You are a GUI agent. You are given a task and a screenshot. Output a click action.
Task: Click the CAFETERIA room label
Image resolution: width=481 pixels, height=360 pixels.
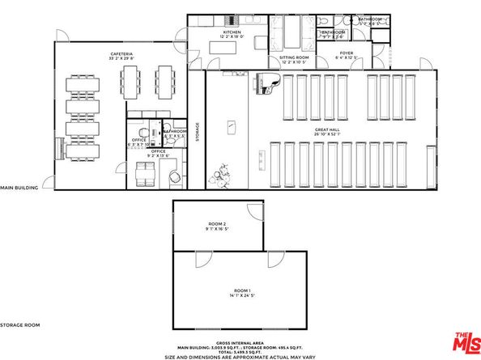pyautogui.click(x=122, y=54)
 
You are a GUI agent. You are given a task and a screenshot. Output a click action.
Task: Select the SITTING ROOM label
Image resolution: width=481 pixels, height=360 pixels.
pyautogui.click(x=294, y=57)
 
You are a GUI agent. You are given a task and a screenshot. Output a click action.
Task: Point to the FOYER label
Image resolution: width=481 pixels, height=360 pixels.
pyautogui.click(x=347, y=53)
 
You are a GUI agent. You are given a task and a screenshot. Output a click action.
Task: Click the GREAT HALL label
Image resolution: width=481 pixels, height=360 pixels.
pyautogui.click(x=327, y=129)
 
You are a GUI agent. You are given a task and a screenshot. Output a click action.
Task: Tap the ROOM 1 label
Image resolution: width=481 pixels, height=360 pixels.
pyautogui.click(x=242, y=290)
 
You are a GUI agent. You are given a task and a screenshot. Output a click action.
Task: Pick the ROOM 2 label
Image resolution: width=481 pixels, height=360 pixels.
pyautogui.click(x=218, y=223)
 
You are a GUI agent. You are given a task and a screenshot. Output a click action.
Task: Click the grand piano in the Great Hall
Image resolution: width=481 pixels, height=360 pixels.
pyautogui.click(x=267, y=82)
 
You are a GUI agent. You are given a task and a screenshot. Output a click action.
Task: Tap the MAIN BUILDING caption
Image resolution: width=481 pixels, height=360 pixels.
pyautogui.click(x=19, y=187)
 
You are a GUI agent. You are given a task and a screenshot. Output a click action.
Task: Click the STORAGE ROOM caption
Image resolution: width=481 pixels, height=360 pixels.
pyautogui.click(x=20, y=324)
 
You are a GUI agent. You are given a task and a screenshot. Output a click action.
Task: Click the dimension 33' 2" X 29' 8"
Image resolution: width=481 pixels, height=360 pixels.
pyautogui.click(x=122, y=60)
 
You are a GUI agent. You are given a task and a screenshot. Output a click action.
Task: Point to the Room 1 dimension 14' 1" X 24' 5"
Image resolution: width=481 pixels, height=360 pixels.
pyautogui.click(x=242, y=295)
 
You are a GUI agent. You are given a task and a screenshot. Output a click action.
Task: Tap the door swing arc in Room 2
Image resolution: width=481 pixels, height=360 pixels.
pyautogui.click(x=256, y=211)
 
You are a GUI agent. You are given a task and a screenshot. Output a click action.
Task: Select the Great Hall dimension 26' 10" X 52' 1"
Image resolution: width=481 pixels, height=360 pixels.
pyautogui.click(x=327, y=135)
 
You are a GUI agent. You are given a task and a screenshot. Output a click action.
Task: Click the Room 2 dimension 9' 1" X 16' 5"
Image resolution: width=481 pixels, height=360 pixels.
pyautogui.click(x=218, y=229)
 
